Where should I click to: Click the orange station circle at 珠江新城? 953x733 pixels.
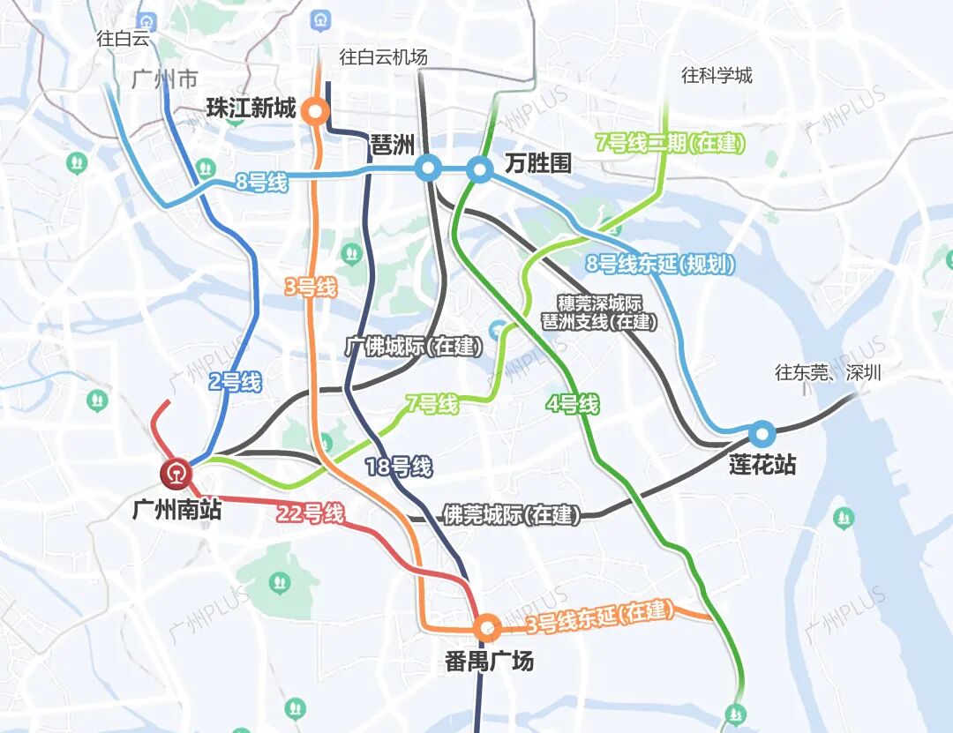coord(314,112)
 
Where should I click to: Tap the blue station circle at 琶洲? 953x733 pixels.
coord(427,168)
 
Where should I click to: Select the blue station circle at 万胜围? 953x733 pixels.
coord(479,168)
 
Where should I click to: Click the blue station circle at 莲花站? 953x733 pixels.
coord(762,434)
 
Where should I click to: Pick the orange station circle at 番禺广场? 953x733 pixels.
coord(486,628)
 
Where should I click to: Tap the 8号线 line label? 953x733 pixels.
coord(262,183)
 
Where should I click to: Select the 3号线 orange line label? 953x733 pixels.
coord(311,287)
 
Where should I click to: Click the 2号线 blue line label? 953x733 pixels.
coord(235,382)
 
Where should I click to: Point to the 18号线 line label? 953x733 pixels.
coord(398,467)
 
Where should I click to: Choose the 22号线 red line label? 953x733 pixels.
coord(310,513)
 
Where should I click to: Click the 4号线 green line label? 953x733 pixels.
coord(573,405)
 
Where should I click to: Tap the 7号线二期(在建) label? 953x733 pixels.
coord(671,143)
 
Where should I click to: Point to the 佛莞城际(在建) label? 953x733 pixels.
coord(511,515)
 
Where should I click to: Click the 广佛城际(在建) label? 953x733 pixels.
coord(414,347)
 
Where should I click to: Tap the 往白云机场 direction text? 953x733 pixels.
coord(383,57)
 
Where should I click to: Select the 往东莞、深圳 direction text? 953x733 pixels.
coord(828,372)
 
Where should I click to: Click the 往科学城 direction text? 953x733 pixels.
coord(717,75)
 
